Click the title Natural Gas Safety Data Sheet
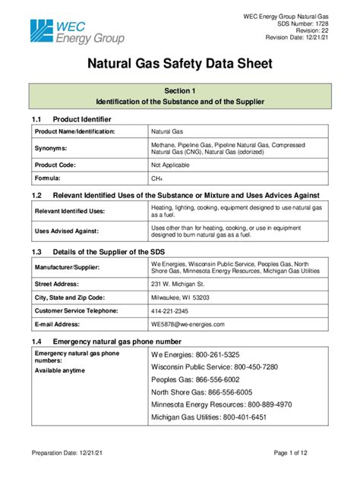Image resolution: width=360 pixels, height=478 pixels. pos(180,65)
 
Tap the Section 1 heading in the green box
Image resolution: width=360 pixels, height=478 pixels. pos(180,90)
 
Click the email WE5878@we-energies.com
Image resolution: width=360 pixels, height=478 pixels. pos(188,324)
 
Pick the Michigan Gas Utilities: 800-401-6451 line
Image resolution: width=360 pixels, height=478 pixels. pos(209,418)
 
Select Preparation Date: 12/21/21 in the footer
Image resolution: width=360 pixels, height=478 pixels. pos(67,454)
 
